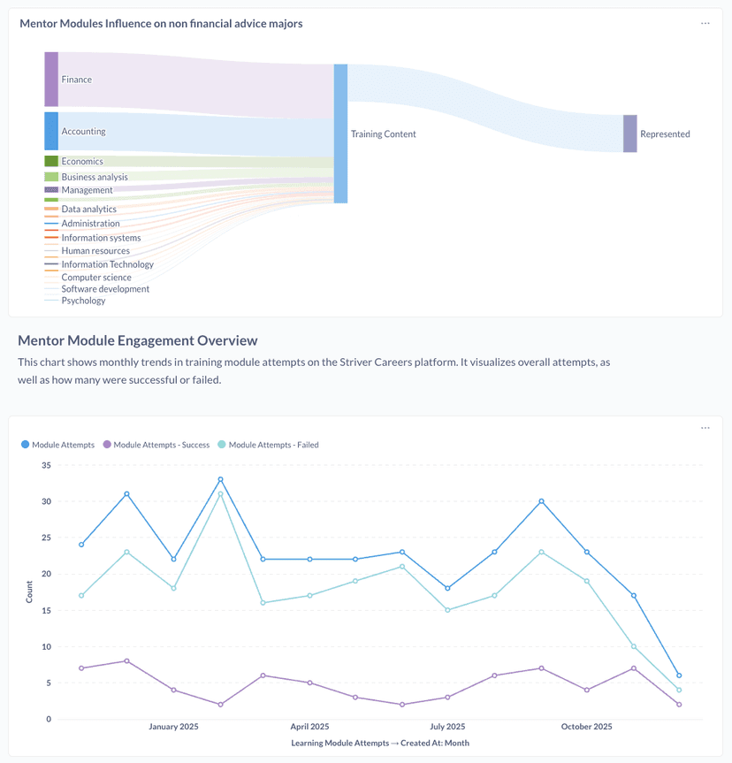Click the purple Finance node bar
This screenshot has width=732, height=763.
click(x=51, y=79)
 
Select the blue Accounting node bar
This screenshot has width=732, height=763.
click(x=51, y=131)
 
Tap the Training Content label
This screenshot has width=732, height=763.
click(x=383, y=134)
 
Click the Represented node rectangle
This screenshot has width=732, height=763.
click(x=629, y=134)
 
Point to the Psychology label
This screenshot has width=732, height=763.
click(x=83, y=301)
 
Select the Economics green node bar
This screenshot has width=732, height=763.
click(x=51, y=161)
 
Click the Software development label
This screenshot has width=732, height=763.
click(x=105, y=289)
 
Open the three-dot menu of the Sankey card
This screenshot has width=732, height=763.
click(x=705, y=24)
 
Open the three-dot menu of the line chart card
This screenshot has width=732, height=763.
click(x=705, y=428)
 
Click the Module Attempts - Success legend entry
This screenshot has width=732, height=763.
click(x=161, y=445)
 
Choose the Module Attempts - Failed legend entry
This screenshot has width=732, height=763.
click(x=273, y=445)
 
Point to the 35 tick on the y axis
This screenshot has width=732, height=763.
click(x=46, y=465)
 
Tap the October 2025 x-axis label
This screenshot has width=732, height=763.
click(x=586, y=727)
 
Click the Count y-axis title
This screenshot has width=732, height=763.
click(x=29, y=591)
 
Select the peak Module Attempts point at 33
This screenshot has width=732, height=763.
click(x=220, y=480)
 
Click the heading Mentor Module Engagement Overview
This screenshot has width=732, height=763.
click(x=137, y=340)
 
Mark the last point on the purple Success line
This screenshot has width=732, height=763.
click(x=678, y=705)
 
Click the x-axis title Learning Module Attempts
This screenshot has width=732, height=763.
click(x=380, y=744)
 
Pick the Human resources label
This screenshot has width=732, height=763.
click(x=95, y=251)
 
